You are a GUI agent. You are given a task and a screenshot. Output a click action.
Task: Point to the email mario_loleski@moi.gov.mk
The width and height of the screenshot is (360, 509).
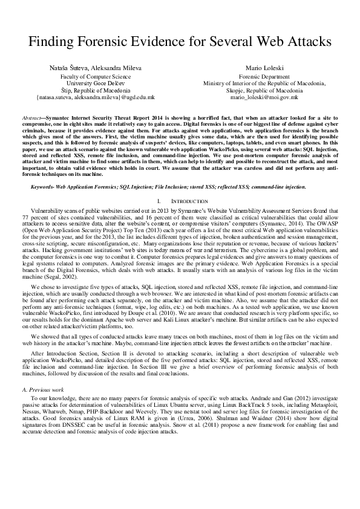(x=265, y=97)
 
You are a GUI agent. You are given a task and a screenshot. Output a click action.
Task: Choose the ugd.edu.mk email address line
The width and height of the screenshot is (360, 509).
(x=96, y=97)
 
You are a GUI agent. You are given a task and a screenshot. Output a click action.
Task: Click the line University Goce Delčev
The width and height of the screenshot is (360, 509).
(x=96, y=83)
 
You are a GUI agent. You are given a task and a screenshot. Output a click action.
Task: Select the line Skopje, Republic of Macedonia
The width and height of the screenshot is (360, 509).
(x=265, y=90)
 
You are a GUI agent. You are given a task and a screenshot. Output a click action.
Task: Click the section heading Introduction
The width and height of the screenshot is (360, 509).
(x=186, y=200)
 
